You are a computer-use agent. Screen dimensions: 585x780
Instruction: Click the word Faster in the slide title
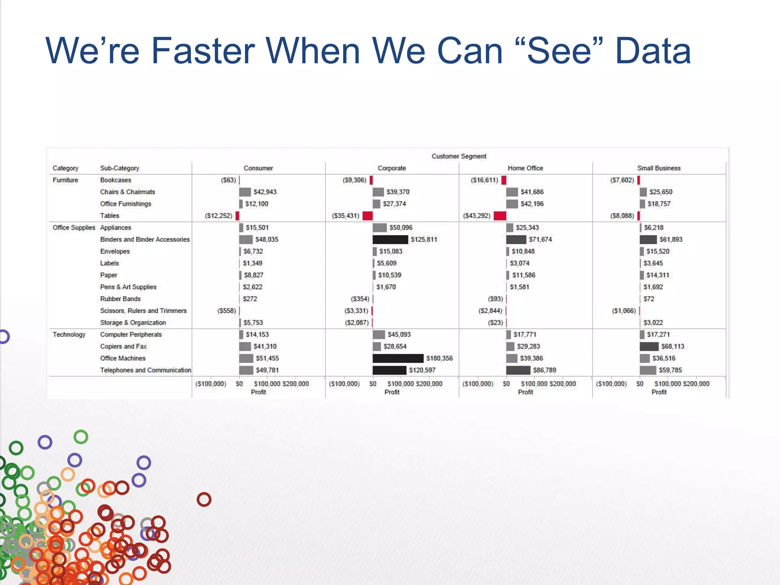point(203,51)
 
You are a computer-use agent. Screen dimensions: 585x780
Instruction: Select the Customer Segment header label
point(459,156)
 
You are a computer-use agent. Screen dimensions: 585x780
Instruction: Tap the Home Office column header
point(525,168)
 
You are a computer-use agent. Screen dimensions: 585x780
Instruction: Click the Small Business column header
point(659,168)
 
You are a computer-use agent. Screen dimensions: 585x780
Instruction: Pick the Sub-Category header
point(120,168)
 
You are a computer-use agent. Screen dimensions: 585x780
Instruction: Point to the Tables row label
point(110,216)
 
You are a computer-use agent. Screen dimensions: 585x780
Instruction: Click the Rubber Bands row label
point(120,299)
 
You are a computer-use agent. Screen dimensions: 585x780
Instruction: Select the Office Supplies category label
point(74,227)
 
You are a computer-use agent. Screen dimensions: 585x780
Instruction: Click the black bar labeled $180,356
point(398,358)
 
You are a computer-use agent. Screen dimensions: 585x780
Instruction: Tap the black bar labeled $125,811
point(390,239)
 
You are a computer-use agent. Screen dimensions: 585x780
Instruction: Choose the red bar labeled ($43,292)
point(500,216)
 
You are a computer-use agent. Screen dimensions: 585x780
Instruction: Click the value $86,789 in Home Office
point(544,370)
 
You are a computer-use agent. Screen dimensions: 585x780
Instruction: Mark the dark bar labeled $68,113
point(649,346)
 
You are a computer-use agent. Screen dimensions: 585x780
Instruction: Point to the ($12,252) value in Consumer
point(218,216)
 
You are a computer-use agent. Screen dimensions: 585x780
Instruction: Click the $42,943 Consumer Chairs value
point(265,192)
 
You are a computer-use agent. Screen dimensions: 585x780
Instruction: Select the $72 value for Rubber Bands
point(649,299)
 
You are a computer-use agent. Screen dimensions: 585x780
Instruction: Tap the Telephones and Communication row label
point(145,370)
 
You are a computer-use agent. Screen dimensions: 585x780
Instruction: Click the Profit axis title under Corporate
point(392,392)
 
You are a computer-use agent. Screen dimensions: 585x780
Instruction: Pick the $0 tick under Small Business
point(639,384)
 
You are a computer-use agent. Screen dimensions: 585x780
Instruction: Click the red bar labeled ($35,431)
point(367,216)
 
